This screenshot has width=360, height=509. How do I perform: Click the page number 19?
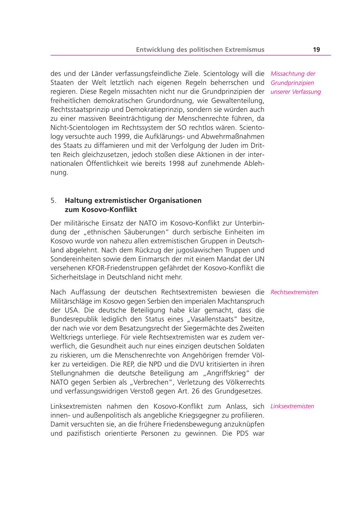pos(316,50)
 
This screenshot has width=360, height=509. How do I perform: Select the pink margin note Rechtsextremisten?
pos(294,292)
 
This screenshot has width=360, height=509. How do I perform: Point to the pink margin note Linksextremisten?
pos(292,406)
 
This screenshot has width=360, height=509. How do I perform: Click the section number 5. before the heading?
pos(54,200)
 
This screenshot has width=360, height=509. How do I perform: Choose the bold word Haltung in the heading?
pos(78,200)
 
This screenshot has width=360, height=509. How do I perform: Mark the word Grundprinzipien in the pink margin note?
pos(292,83)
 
